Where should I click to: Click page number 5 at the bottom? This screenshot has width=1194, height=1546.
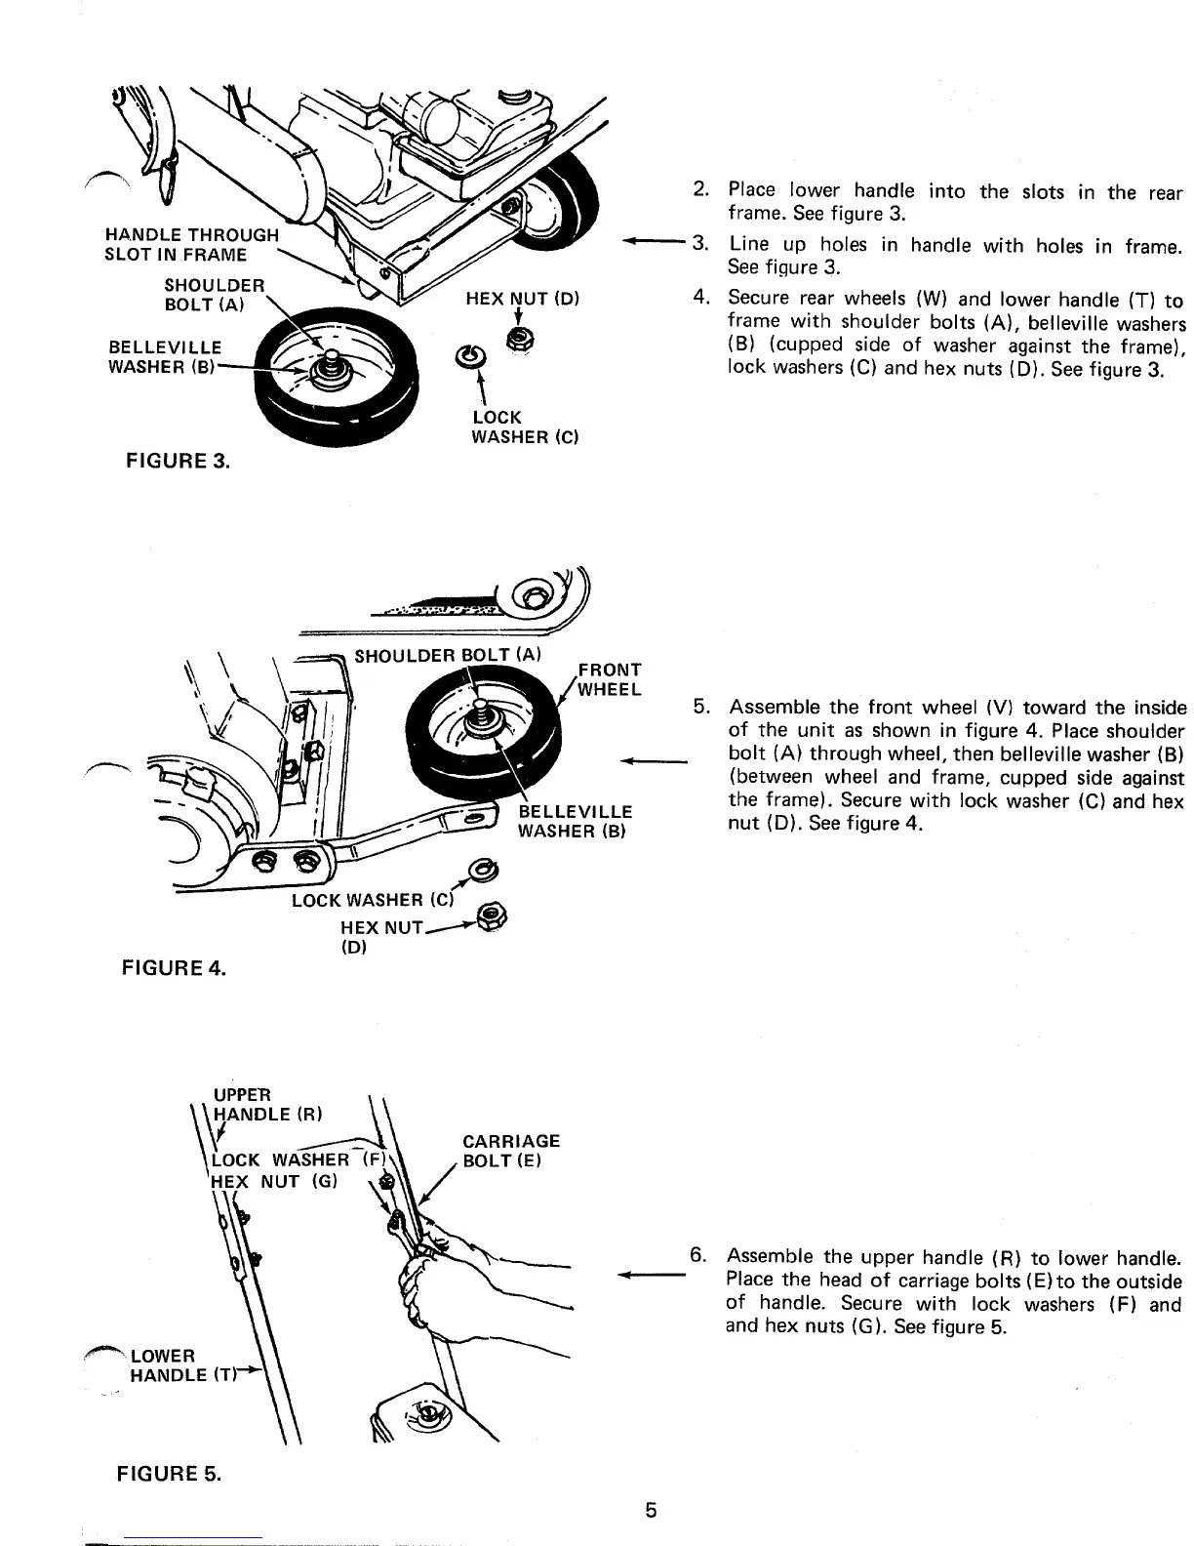click(651, 1511)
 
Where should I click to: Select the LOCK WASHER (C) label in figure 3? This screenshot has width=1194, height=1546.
click(525, 427)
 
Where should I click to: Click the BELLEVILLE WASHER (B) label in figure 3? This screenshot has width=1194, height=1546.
click(165, 357)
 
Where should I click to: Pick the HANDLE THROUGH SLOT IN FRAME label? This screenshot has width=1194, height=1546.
click(191, 245)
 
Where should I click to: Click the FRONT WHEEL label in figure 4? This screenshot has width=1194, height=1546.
click(610, 679)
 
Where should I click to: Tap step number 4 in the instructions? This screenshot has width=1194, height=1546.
click(698, 300)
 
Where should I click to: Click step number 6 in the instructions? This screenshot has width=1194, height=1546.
click(697, 1256)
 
